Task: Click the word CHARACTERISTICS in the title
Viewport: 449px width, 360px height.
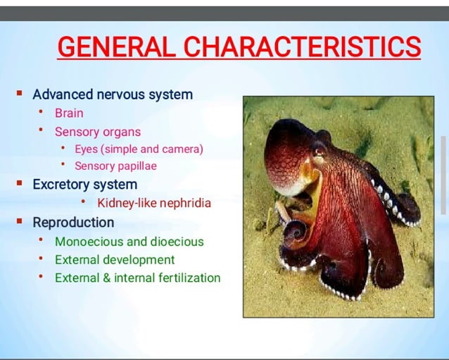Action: pos(303,48)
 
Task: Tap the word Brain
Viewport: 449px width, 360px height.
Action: pos(69,113)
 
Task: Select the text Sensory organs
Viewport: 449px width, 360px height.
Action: pos(98,132)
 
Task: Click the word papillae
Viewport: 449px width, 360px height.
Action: pos(137,166)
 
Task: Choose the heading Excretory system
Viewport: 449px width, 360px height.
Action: pos(84,185)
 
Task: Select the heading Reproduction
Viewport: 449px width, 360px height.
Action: pos(73,223)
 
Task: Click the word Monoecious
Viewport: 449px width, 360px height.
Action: pos(89,242)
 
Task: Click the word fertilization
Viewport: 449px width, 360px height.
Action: pos(184,278)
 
